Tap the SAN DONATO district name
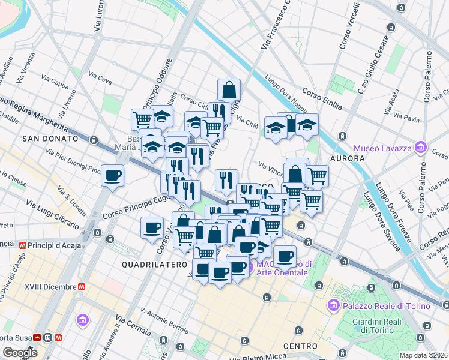pyautogui.click(x=50, y=139)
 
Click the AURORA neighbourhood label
pyautogui.click(x=347, y=158)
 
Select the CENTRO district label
pyautogui.click(x=300, y=346)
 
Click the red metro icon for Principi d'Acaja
pyautogui.click(x=25, y=245)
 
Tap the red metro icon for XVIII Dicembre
pyautogui.click(x=79, y=287)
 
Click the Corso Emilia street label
pyautogui.click(x=322, y=99)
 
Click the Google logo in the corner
pyautogui.click(x=20, y=353)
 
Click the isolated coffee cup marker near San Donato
pyautogui.click(x=112, y=176)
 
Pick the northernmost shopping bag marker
pyautogui.click(x=229, y=90)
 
